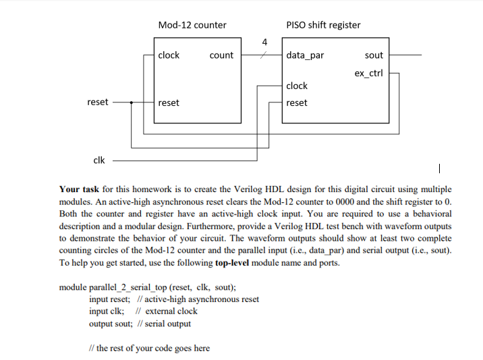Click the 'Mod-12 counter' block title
click(192, 25)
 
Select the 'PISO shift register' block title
click(323, 25)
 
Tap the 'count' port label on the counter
click(221, 55)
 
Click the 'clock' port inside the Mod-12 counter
click(169, 55)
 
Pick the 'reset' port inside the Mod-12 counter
click(169, 103)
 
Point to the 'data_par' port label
click(305, 55)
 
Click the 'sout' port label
click(373, 55)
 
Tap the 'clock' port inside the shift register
click(297, 86)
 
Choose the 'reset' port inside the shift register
click(297, 103)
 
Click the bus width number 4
click(264, 43)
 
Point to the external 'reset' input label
click(98, 102)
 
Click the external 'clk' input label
click(98, 160)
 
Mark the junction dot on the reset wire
click(131, 103)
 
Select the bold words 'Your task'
click(79, 189)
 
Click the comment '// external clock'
click(167, 311)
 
